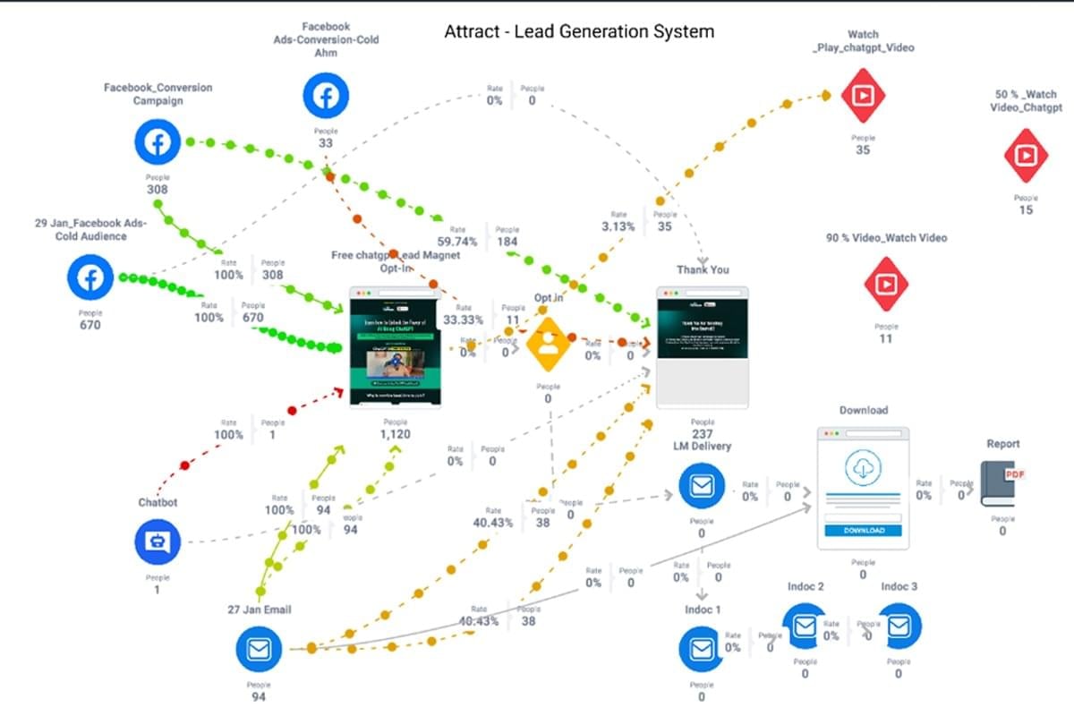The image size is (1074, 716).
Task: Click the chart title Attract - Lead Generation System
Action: [579, 32]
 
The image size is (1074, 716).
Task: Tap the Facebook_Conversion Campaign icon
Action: [158, 142]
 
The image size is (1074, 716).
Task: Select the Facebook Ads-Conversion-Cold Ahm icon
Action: [325, 95]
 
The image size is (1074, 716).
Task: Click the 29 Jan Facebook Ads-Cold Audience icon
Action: [90, 277]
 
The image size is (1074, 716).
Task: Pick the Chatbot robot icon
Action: [158, 541]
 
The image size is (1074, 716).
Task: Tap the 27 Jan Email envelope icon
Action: [259, 649]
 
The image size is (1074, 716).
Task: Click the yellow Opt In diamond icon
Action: [548, 345]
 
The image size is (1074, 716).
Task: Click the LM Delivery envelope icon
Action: [701, 486]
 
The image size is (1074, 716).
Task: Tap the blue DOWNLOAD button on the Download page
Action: [863, 530]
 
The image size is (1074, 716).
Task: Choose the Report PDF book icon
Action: [1001, 484]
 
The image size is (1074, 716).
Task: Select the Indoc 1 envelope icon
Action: [701, 649]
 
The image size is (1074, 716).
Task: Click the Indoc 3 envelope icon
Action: [899, 626]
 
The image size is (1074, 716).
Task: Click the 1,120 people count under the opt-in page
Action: [395, 434]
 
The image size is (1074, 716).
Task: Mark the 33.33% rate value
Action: [464, 320]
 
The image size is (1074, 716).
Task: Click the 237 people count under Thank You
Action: [703, 434]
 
